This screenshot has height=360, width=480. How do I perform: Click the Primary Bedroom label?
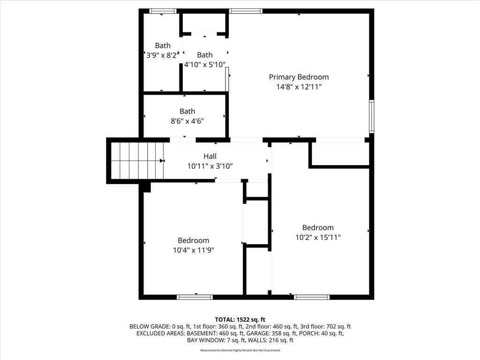click(x=299, y=77)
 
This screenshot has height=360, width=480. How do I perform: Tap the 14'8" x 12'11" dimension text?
click(x=299, y=87)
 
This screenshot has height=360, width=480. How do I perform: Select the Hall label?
click(x=210, y=157)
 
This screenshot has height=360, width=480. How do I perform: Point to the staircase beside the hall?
click(x=137, y=160)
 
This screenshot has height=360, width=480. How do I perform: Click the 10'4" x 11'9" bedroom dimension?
click(x=194, y=250)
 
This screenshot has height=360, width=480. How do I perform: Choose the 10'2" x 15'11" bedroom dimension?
click(x=318, y=237)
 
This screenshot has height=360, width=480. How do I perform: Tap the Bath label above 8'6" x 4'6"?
click(x=187, y=112)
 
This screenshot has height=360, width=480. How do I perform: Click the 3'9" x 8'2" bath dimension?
click(x=162, y=55)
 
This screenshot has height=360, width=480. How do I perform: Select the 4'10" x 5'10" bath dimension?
click(x=205, y=65)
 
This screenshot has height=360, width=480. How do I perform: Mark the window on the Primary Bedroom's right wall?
click(x=372, y=116)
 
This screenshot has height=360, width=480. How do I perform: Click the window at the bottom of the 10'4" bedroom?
click(x=195, y=297)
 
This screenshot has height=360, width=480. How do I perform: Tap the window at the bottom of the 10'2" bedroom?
click(x=312, y=297)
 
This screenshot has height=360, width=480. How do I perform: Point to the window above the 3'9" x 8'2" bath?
click(x=163, y=11)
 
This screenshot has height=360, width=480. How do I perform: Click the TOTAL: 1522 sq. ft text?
click(x=240, y=320)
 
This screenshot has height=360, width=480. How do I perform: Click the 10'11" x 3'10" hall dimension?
click(x=210, y=166)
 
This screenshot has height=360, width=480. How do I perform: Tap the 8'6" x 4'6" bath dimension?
click(x=187, y=121)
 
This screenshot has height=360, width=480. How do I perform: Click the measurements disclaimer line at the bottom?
click(x=240, y=350)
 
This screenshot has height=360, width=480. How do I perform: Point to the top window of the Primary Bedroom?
click(x=246, y=11)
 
